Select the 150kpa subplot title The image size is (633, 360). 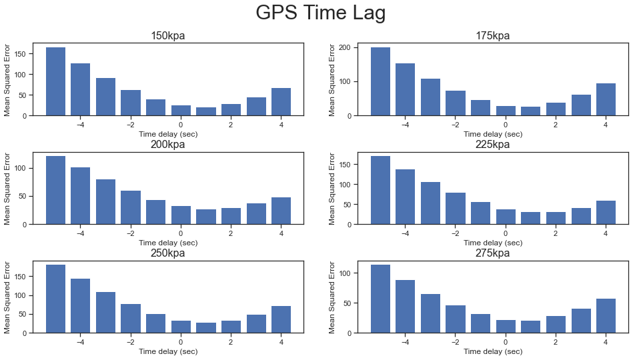point(168,36)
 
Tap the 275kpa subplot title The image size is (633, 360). point(493,253)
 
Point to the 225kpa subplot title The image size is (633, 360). point(493,145)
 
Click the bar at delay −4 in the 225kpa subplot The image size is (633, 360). point(406,197)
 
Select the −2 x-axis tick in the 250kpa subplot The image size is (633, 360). point(130,342)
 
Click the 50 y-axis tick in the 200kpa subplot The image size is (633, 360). point(24,196)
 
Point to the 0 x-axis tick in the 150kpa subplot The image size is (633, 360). point(181,125)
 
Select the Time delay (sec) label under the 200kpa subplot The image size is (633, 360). point(168,243)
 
